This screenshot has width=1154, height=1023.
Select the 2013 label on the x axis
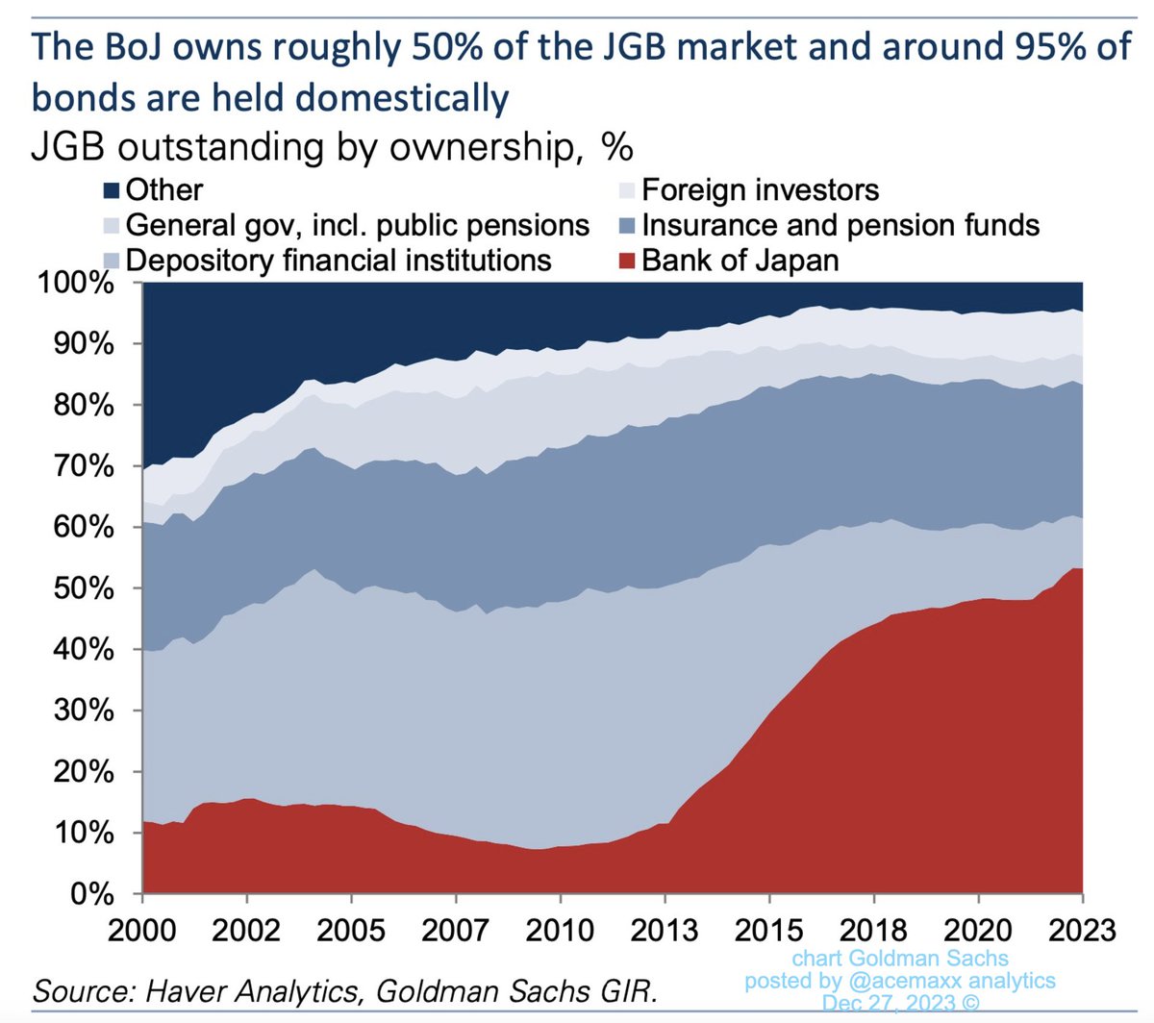(664, 930)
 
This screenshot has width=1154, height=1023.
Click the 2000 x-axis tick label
(142, 930)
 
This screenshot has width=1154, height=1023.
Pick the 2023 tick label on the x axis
(1082, 930)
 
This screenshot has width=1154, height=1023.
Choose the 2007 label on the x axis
(455, 930)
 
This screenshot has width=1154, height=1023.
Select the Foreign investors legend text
(760, 190)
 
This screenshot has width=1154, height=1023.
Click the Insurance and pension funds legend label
(840, 225)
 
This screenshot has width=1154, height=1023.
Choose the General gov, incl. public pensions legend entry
(357, 225)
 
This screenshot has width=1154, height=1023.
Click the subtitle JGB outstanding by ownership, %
(332, 147)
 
